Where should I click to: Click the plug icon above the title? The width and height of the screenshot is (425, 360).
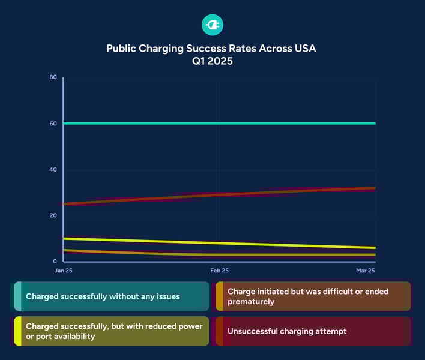pyautogui.click(x=212, y=25)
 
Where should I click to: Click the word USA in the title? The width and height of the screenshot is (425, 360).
pyautogui.click(x=304, y=49)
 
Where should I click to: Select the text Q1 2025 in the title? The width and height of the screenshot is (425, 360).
pyautogui.click(x=212, y=61)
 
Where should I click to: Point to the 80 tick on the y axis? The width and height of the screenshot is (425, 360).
pyautogui.click(x=53, y=77)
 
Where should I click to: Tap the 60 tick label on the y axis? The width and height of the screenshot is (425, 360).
pyautogui.click(x=53, y=124)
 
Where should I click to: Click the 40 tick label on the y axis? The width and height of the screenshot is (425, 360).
pyautogui.click(x=53, y=170)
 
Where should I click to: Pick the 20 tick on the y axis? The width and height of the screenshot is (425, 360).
pyautogui.click(x=53, y=215)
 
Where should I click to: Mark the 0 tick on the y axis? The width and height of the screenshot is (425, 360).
pyautogui.click(x=55, y=262)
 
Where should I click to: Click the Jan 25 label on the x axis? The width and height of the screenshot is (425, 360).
pyautogui.click(x=64, y=271)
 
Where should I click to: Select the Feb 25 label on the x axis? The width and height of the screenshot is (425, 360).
pyautogui.click(x=219, y=271)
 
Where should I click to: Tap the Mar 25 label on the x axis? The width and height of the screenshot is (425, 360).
pyautogui.click(x=365, y=271)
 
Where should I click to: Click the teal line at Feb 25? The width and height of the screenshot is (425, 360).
pyautogui.click(x=219, y=124)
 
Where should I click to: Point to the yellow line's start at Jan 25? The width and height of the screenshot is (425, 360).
pyautogui.click(x=64, y=239)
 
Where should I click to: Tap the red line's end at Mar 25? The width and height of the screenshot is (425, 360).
pyautogui.click(x=375, y=188)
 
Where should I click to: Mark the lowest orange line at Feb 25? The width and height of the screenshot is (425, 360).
pyautogui.click(x=219, y=255)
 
